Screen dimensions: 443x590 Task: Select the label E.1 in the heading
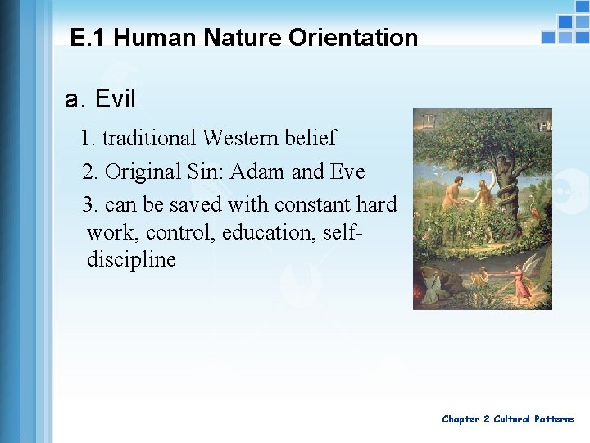point(88,38)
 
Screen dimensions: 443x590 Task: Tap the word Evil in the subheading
point(116,99)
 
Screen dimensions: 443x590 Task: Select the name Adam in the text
point(258,172)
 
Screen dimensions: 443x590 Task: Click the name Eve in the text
point(347,172)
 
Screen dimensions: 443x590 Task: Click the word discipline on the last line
point(131,260)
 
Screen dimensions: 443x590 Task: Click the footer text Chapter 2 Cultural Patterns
point(508,419)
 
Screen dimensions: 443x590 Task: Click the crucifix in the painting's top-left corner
point(424,121)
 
